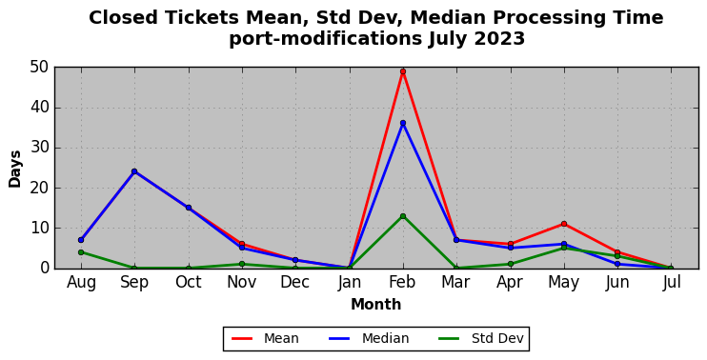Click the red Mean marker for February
[x=403, y=71]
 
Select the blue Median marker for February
[x=403, y=123]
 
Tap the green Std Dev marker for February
[x=403, y=216]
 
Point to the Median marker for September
[x=134, y=171]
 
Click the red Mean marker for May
[x=564, y=224]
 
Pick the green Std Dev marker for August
[x=81, y=252]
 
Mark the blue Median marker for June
[x=617, y=264]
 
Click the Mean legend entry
[x=265, y=338]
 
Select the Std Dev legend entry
[x=481, y=338]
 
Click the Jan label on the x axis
[x=350, y=283]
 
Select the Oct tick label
[x=189, y=283]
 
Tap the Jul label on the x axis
[x=672, y=283]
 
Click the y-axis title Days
[x=15, y=169]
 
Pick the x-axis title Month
[x=376, y=305]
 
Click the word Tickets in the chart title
[x=199, y=18]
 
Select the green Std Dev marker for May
[x=564, y=248]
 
